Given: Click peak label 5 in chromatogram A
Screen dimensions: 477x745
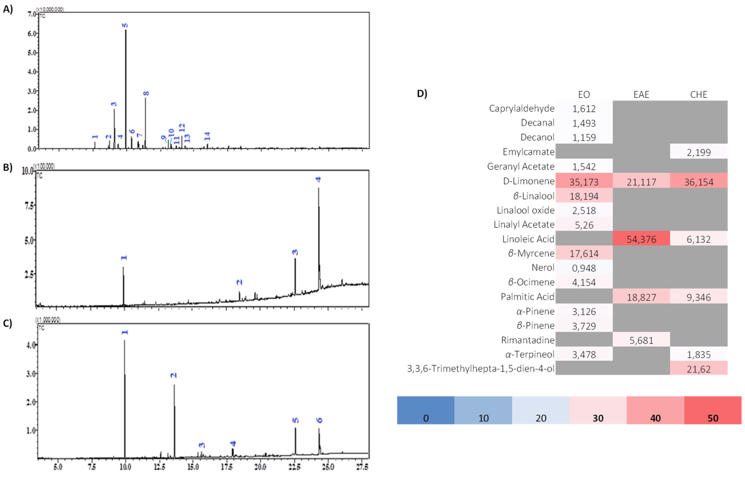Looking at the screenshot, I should [x=125, y=25].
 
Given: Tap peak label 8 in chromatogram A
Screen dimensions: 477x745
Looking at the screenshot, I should [x=146, y=93].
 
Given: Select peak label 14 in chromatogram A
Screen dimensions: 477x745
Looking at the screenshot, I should [x=207, y=136].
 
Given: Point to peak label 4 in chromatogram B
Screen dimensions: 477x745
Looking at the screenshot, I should [x=318, y=179].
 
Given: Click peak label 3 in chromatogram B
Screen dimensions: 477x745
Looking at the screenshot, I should [x=295, y=252].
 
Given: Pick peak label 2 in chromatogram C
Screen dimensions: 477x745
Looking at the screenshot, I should [x=174, y=376].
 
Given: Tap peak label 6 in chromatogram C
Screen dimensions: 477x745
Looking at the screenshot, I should [x=319, y=420].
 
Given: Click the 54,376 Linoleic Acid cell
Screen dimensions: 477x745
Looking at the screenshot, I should [x=641, y=239].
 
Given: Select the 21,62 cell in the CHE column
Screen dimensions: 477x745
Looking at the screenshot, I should [x=698, y=369].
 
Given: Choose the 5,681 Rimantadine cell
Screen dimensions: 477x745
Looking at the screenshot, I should [x=641, y=340].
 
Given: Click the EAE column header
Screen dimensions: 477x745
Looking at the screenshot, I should [x=641, y=94].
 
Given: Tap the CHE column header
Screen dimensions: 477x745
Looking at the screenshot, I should [x=698, y=94].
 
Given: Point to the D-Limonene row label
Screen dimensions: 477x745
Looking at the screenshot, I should [x=528, y=181].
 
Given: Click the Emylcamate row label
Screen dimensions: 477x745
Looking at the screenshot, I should [x=528, y=152].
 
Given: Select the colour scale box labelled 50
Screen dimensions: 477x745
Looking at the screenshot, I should [x=713, y=410].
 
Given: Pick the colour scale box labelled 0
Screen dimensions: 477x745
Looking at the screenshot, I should [x=426, y=410].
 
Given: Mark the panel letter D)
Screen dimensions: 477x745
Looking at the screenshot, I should [x=422, y=94].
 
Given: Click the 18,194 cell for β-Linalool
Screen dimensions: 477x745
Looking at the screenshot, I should [x=584, y=196].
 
